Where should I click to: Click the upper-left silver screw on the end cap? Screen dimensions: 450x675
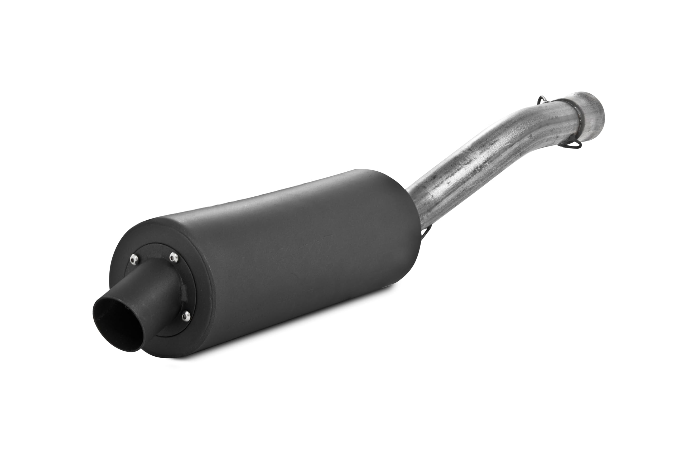[134, 260]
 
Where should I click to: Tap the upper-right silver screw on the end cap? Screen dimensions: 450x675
[174, 257]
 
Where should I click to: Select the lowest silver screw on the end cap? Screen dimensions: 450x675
[186, 316]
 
